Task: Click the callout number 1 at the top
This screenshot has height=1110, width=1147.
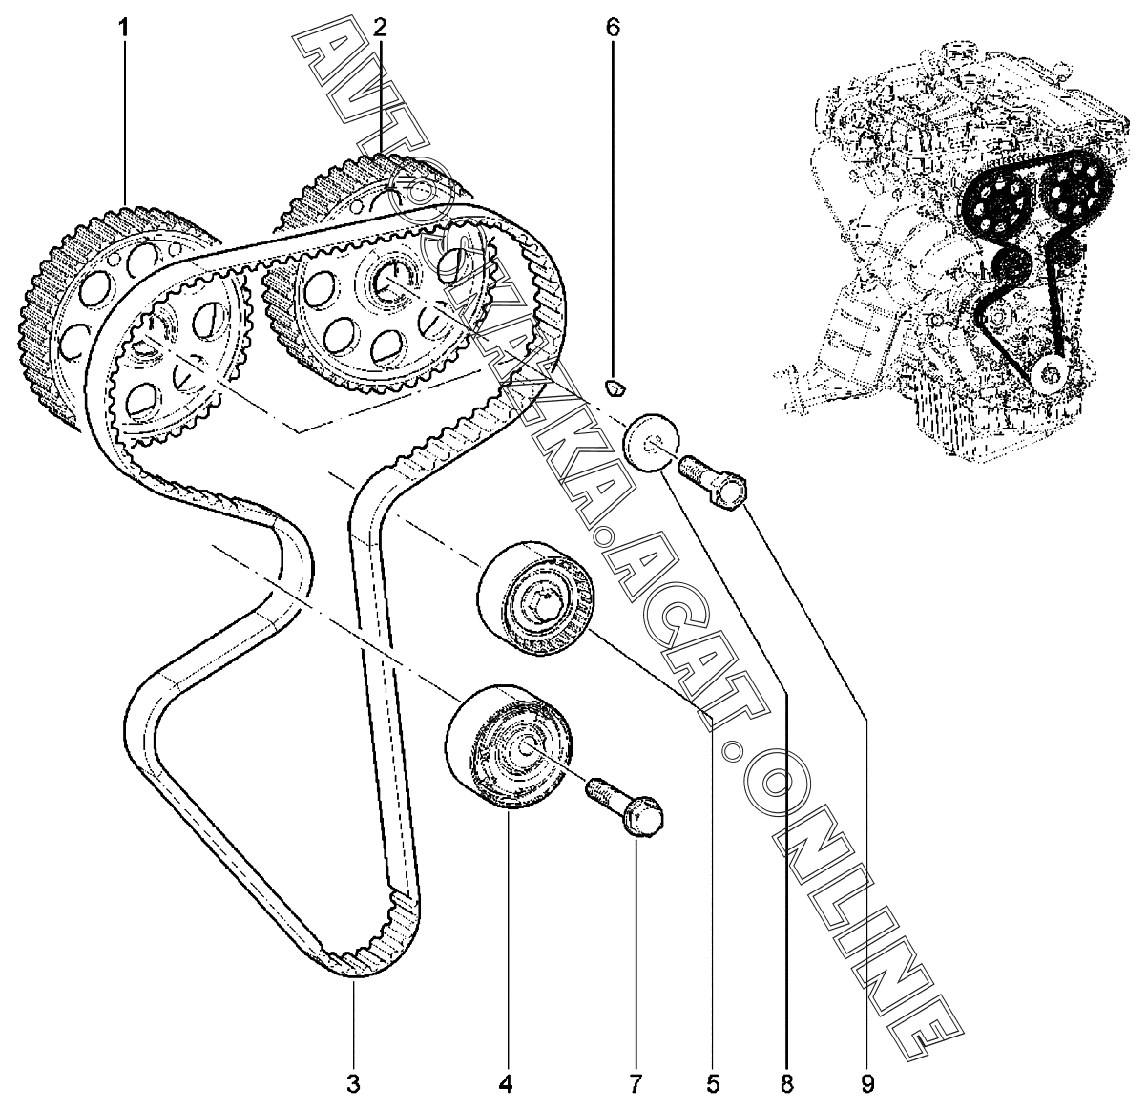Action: [x=124, y=28]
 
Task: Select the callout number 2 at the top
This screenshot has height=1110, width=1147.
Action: [x=380, y=28]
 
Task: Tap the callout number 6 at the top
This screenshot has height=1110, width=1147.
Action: [x=613, y=28]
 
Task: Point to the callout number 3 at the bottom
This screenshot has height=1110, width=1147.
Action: [x=353, y=1083]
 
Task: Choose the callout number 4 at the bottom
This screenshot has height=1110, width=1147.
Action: [x=506, y=1083]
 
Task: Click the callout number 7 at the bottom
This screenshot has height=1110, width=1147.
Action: [x=635, y=1083]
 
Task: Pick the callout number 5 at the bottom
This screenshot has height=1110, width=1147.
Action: [x=713, y=1083]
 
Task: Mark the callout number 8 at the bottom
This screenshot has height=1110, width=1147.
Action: [x=787, y=1083]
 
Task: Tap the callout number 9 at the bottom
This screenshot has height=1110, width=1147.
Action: [x=867, y=1083]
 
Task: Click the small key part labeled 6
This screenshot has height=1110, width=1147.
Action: [x=615, y=388]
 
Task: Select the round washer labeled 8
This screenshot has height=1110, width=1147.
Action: [x=651, y=443]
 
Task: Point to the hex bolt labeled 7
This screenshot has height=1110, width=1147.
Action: [x=625, y=805]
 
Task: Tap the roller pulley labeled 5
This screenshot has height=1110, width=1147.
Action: [x=535, y=597]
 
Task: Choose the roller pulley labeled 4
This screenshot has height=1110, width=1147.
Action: [x=508, y=745]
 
